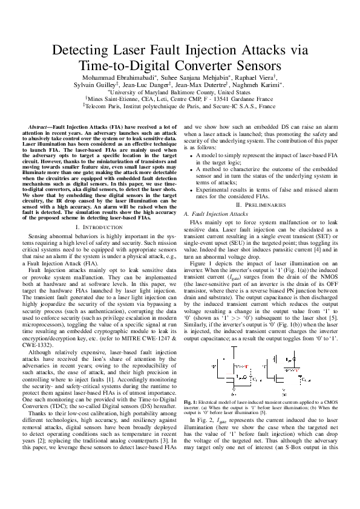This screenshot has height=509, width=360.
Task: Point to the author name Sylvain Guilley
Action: (x=95, y=86)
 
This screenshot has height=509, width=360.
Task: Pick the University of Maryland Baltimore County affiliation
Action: (x=180, y=94)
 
